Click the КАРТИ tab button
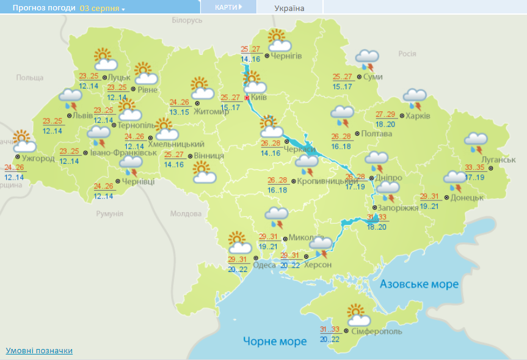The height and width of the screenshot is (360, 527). coord(228,7)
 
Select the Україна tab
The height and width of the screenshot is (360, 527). coord(289,8)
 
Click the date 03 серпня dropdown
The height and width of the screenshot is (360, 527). coord(102,9)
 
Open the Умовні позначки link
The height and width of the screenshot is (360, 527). coord(39,350)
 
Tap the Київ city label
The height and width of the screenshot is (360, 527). coord(259,97)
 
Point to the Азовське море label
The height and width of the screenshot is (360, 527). coord(419,285)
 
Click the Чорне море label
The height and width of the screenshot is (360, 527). coord(275,341)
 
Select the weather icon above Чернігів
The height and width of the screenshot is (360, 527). coord(278,40)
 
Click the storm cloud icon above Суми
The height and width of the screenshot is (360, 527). coord(367,59)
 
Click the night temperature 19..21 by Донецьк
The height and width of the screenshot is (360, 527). coord(430,207)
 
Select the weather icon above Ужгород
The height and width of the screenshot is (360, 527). coord(23,141)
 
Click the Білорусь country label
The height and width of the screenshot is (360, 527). coord(186,20)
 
